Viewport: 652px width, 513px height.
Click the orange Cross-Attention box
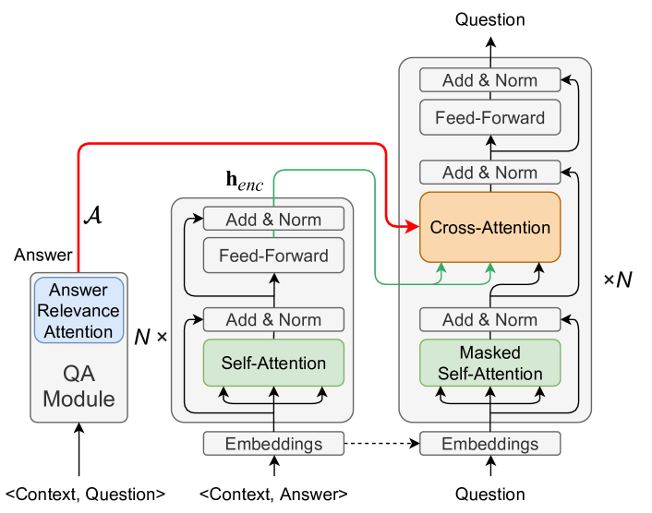[489, 227]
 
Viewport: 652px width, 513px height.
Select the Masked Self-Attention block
[489, 364]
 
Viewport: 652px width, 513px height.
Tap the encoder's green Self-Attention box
[273, 363]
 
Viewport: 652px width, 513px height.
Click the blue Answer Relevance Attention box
[79, 310]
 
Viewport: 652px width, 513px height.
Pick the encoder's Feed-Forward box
[273, 255]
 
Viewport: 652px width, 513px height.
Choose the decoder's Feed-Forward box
[489, 117]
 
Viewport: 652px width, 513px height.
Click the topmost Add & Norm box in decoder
[489, 80]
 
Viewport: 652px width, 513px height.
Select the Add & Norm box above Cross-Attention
[489, 173]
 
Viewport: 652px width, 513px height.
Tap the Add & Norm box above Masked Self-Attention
[489, 320]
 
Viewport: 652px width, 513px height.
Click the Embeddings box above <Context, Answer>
[273, 444]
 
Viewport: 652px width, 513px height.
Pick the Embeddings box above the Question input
[489, 444]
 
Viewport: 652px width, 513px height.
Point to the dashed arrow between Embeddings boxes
[381, 444]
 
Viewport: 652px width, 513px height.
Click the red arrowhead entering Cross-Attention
[412, 226]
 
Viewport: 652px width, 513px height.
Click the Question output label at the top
[489, 19]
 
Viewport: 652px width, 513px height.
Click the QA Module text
[79, 387]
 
